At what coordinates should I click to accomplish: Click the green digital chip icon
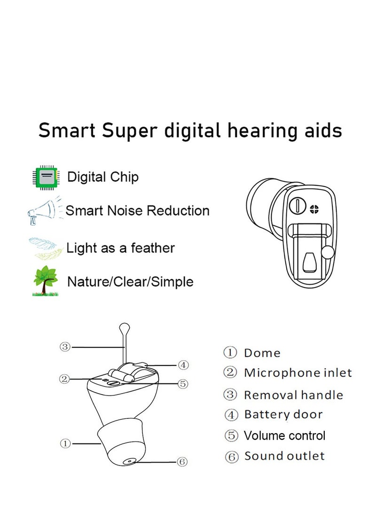click(46, 177)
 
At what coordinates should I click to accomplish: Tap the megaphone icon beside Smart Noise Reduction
click(44, 211)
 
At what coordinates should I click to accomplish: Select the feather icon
click(46, 248)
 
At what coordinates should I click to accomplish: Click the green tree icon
click(46, 281)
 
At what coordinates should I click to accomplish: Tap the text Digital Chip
click(103, 177)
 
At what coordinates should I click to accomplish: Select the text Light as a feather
click(121, 248)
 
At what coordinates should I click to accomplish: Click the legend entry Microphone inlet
click(298, 373)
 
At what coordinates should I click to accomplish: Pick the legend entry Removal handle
click(293, 395)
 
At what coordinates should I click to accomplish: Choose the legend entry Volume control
click(284, 436)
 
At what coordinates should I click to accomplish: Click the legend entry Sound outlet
click(284, 456)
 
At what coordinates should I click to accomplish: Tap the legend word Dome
click(262, 353)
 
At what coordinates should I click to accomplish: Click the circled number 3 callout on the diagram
click(65, 347)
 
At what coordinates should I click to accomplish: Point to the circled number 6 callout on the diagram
click(182, 462)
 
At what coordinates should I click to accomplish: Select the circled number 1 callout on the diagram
click(65, 443)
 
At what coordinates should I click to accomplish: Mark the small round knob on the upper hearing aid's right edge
click(328, 253)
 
